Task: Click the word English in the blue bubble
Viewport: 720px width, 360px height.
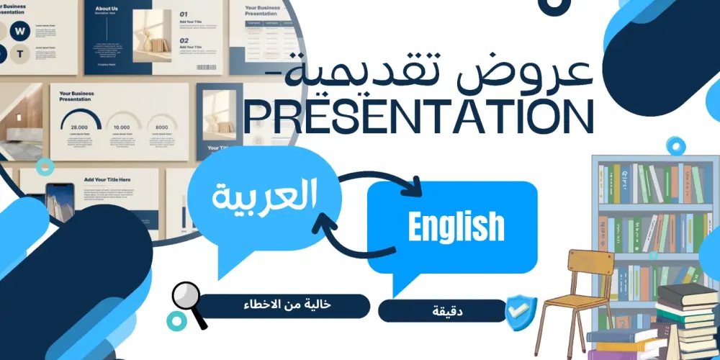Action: click(456, 226)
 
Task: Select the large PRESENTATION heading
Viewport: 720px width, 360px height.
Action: click(418, 117)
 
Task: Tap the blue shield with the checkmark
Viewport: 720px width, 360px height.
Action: click(521, 312)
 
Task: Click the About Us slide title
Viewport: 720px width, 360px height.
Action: click(107, 10)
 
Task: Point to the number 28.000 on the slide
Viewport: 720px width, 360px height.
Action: click(80, 127)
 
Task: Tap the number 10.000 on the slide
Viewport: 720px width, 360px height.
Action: click(121, 127)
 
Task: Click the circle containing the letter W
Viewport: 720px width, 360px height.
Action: click(20, 30)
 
